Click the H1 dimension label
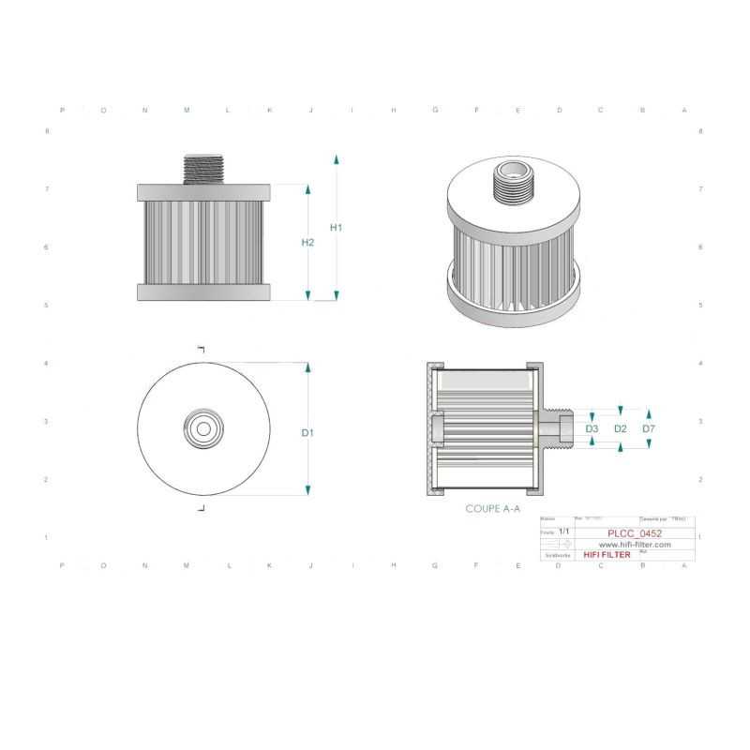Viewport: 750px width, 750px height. (x=337, y=228)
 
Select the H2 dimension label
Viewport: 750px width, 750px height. (x=307, y=243)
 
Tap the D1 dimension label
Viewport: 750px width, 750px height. (x=307, y=432)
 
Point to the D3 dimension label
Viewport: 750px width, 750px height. (x=592, y=428)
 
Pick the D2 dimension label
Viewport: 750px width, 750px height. (x=620, y=428)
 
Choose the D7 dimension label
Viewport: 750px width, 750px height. (x=649, y=428)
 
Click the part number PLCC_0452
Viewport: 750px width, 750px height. (x=635, y=533)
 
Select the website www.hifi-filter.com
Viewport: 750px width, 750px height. (x=635, y=544)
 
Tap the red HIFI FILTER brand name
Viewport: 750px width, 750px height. (x=607, y=555)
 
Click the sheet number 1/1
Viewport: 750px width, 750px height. (x=564, y=531)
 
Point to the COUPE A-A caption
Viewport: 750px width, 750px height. (x=493, y=509)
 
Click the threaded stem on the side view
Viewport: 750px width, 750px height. (x=203, y=170)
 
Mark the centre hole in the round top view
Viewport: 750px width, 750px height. (x=203, y=428)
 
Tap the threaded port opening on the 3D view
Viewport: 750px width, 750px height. (x=511, y=172)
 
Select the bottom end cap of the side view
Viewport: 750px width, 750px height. (x=203, y=292)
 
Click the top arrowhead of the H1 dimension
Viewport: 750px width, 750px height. (x=337, y=159)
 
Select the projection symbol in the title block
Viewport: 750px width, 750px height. (x=563, y=543)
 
